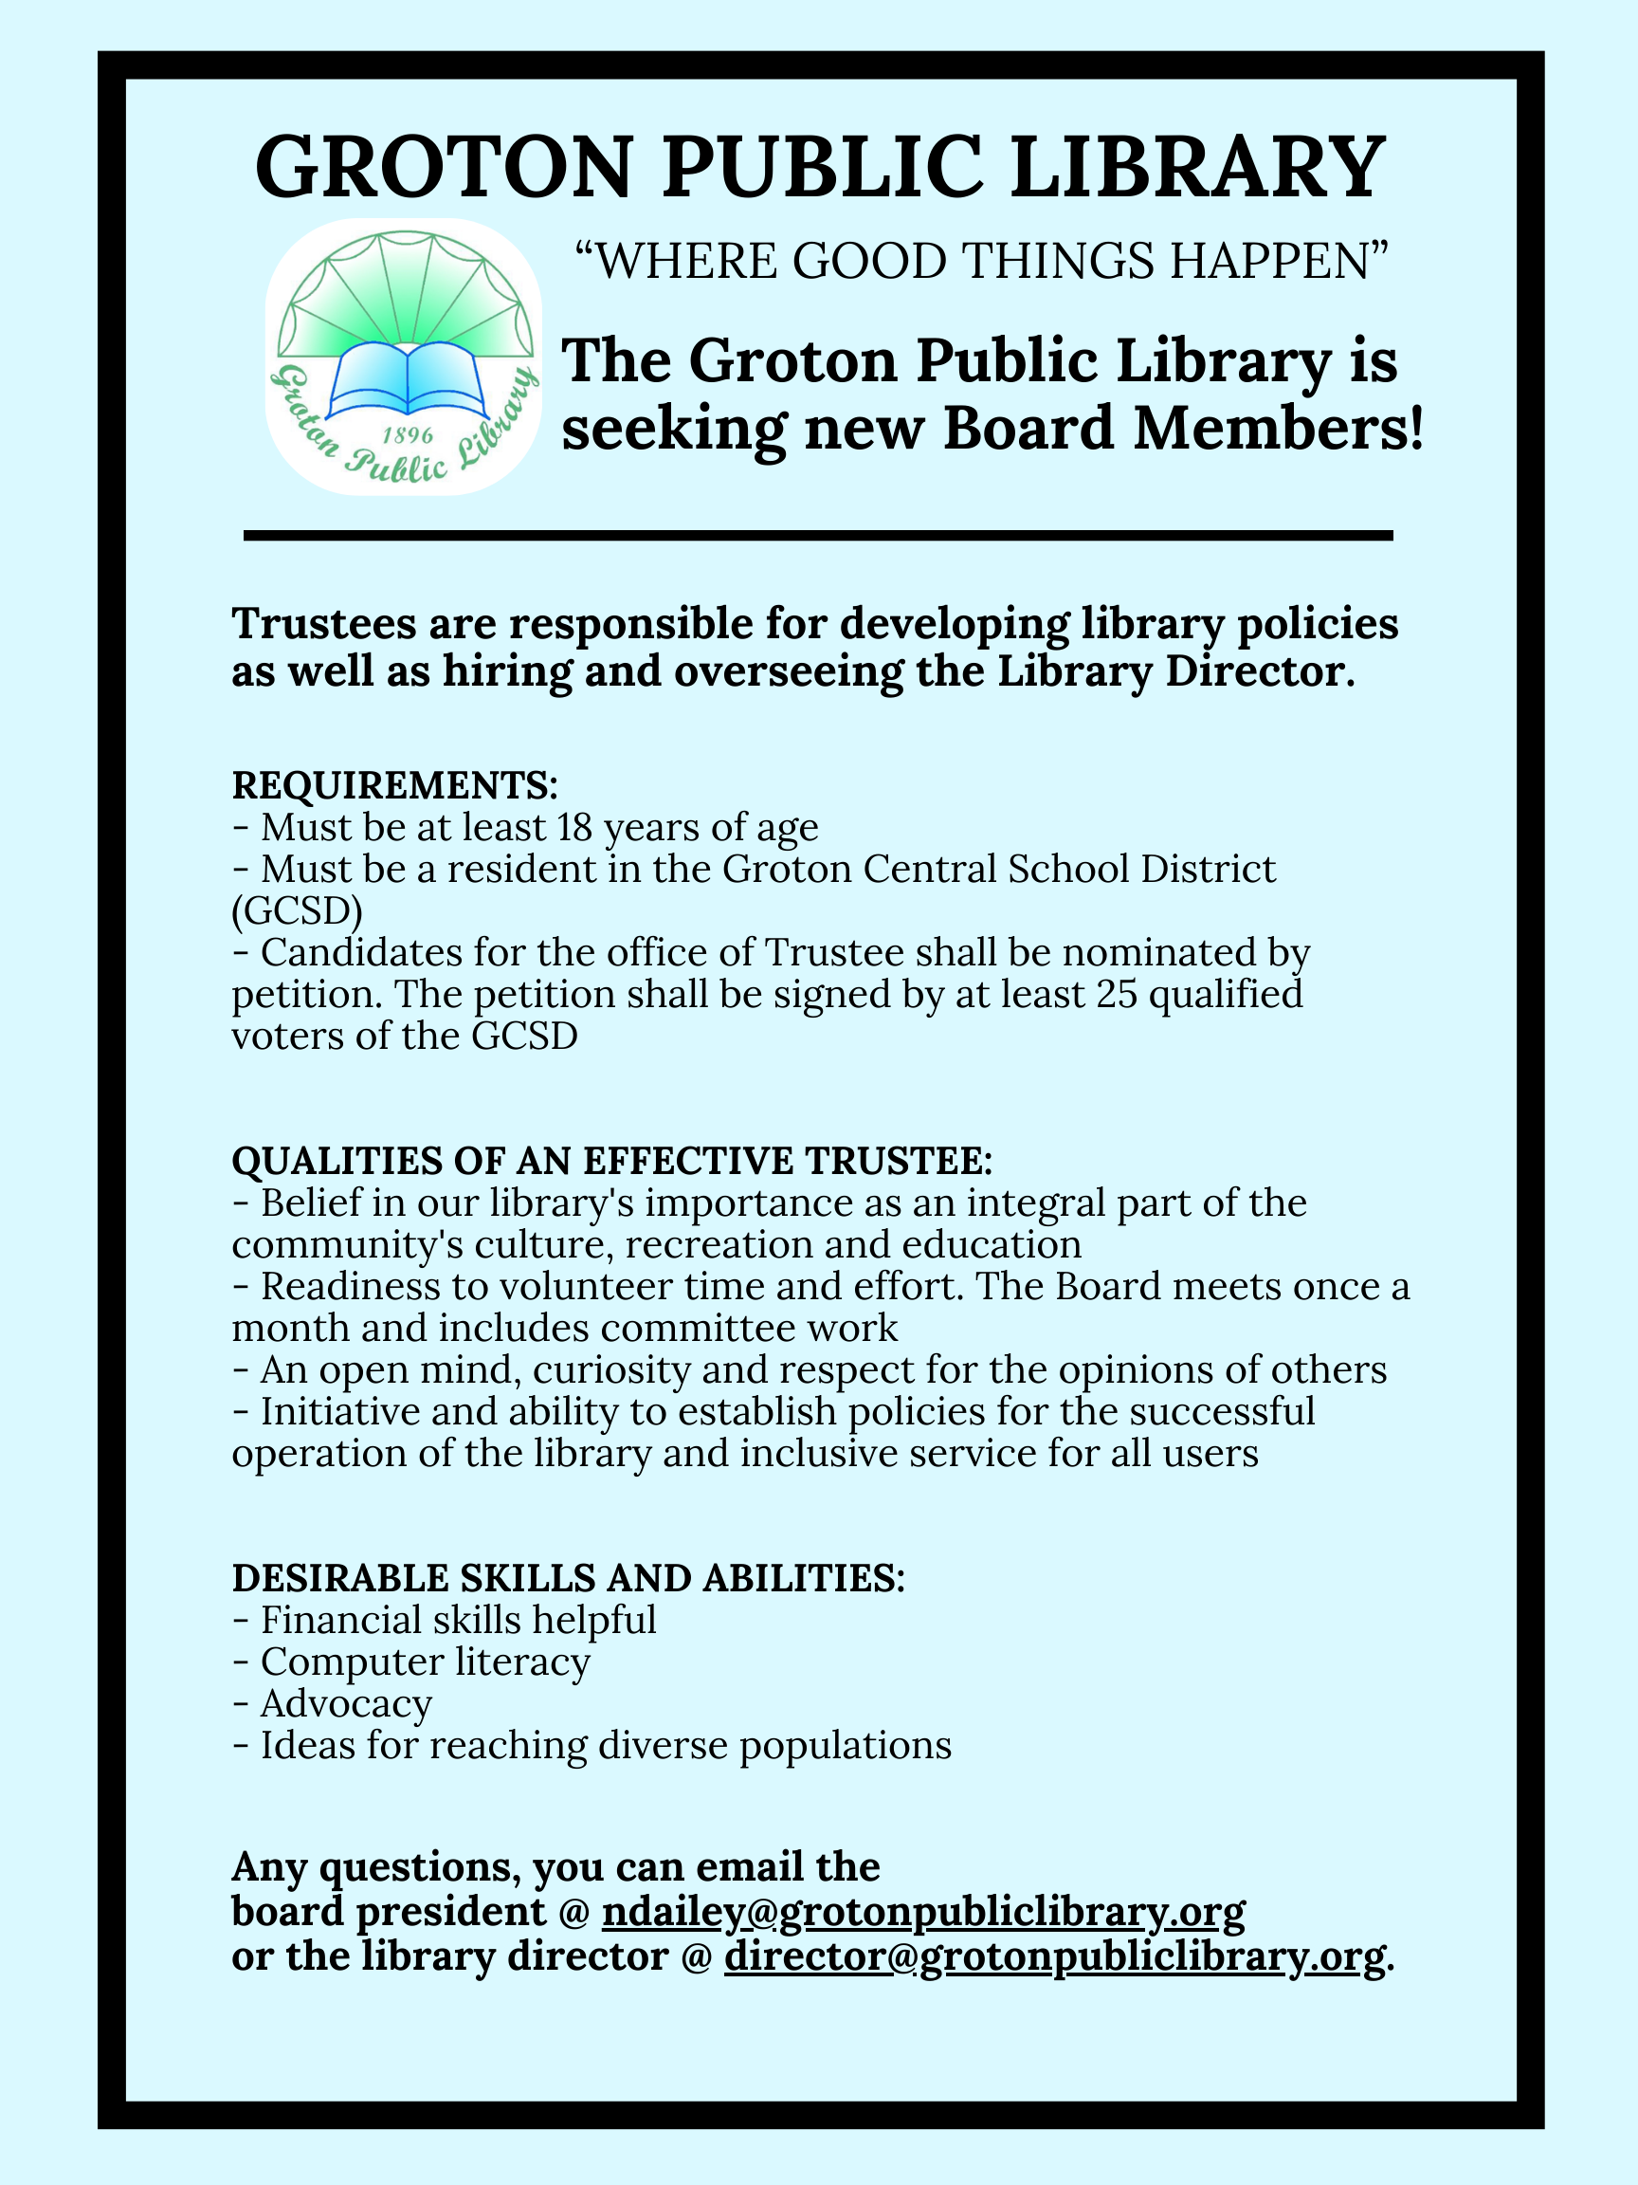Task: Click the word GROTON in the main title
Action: [x=444, y=167]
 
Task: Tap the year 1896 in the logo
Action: [x=407, y=434]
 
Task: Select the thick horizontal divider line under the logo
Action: [x=817, y=536]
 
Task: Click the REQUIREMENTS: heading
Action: [x=395, y=785]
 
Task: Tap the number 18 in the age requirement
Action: [x=573, y=827]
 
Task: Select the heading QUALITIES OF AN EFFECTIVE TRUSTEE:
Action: [x=611, y=1161]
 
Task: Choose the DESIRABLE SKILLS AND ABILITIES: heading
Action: [x=568, y=1578]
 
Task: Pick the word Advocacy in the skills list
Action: [x=346, y=1704]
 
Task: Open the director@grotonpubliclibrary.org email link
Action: [x=1054, y=1956]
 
